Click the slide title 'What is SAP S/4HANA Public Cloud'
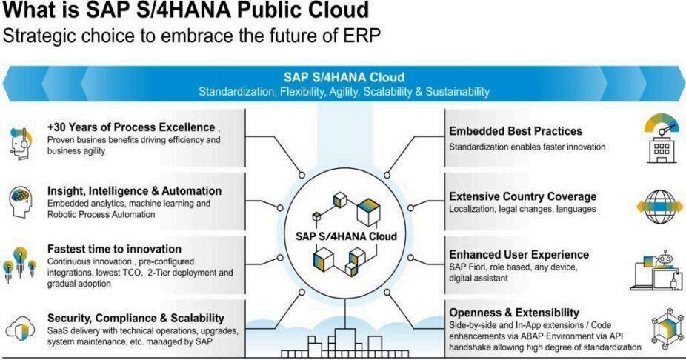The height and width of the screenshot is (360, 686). coord(186,12)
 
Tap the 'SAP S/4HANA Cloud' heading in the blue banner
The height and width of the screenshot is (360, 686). coord(344,77)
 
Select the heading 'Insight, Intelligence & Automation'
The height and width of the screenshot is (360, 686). coord(134,191)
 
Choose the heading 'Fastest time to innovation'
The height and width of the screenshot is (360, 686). coord(114,249)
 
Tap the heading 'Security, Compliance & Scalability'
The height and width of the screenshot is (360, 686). coord(136,317)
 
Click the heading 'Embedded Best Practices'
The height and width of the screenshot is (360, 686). coord(516,131)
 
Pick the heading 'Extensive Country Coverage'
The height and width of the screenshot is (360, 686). coord(522,196)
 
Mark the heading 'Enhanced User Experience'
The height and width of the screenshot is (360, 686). coord(519,254)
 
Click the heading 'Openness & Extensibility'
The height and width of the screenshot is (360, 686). coord(514,312)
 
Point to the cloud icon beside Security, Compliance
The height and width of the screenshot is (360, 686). coord(19,327)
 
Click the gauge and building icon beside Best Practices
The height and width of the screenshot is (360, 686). coord(660,138)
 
